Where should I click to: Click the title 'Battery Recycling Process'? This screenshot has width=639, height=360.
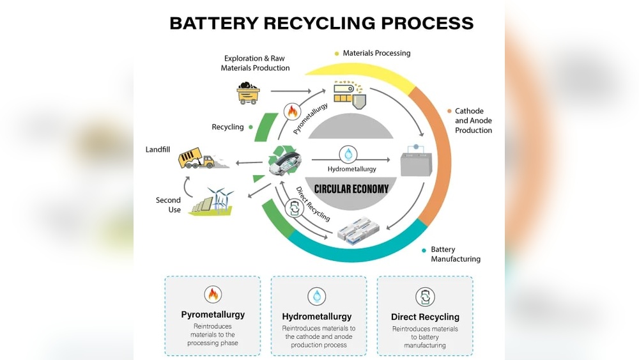[321, 24]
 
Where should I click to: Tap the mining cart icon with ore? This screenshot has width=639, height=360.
[248, 93]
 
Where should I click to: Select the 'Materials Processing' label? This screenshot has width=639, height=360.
[376, 53]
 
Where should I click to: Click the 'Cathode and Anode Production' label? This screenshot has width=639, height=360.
[473, 121]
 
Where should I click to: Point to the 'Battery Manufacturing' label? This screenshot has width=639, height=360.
[455, 254]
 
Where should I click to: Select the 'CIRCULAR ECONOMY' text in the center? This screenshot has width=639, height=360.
[351, 189]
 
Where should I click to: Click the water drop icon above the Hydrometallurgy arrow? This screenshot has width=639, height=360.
[348, 154]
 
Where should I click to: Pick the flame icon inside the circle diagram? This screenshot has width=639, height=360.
[292, 112]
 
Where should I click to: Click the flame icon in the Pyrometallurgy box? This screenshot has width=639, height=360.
[213, 294]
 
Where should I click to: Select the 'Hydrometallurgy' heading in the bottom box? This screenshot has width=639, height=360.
[317, 317]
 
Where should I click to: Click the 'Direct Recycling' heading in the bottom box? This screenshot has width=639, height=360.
[425, 317]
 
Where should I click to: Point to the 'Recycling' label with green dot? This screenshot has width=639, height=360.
[228, 127]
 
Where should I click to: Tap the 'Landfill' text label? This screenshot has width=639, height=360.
[158, 150]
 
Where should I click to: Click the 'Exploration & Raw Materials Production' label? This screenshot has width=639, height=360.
[255, 63]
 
